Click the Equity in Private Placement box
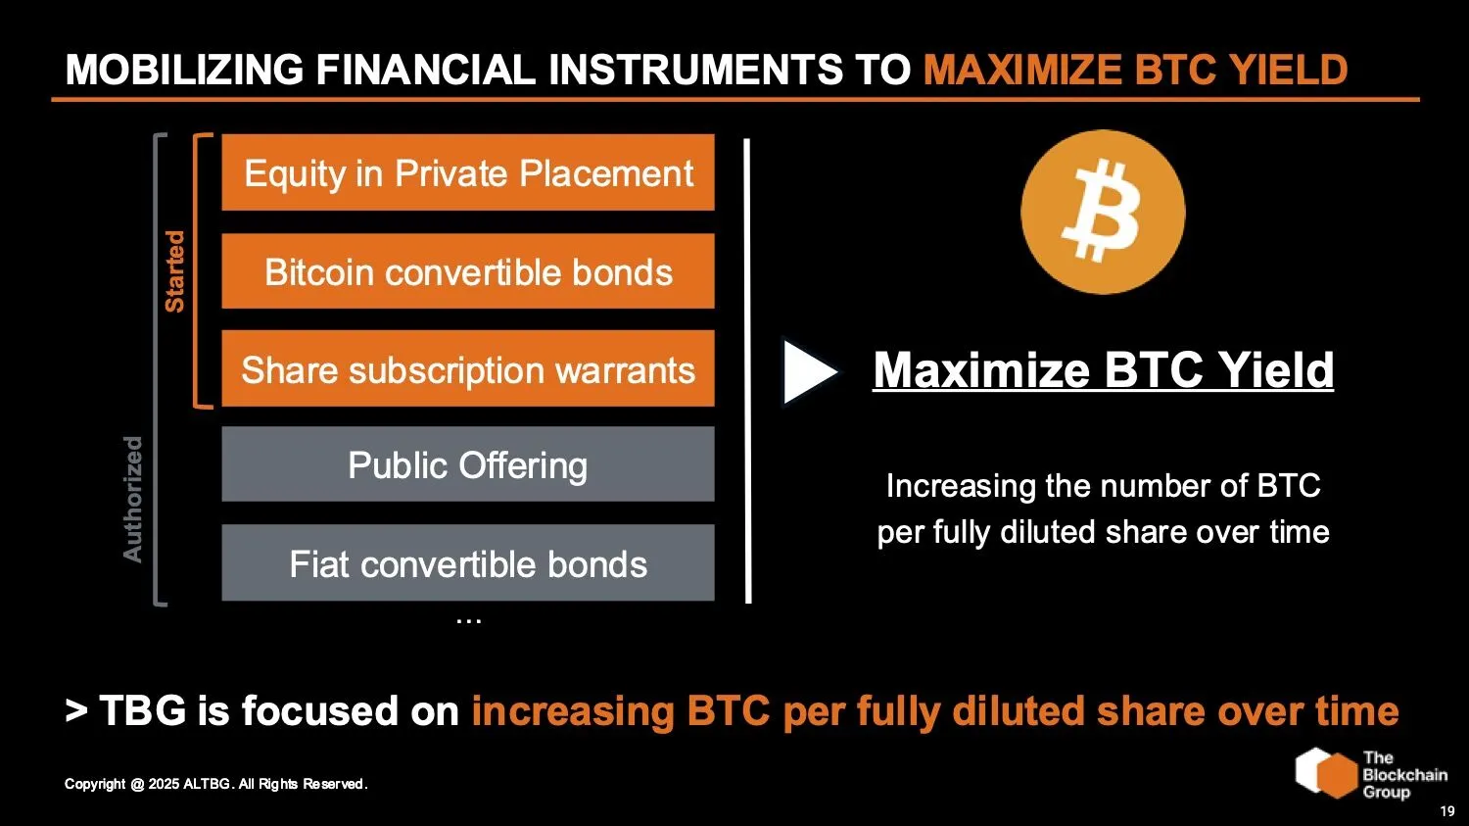[468, 173]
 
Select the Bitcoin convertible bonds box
[468, 271]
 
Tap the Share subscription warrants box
[468, 369]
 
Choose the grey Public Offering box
[468, 464]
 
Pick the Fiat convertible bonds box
[468, 563]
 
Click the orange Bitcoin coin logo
[1103, 213]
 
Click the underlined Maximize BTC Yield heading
[1103, 370]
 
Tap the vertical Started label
[174, 271]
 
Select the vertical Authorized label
[132, 499]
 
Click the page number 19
[1446, 811]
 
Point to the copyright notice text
[215, 784]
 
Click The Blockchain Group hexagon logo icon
[1326, 773]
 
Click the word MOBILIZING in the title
[184, 71]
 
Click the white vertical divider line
[748, 370]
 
